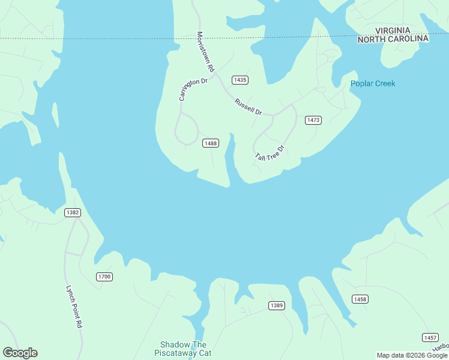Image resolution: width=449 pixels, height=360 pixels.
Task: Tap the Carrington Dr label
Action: [193, 89]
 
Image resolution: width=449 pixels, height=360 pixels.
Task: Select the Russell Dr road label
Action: [249, 107]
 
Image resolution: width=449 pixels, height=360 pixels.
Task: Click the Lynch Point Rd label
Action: [73, 305]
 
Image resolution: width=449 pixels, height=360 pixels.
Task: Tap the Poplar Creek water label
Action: [373, 83]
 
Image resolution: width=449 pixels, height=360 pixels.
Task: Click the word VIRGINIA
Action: [393, 30]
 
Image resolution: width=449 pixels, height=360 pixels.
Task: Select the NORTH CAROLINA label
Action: [393, 39]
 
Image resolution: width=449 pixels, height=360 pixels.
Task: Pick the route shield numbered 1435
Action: [240, 80]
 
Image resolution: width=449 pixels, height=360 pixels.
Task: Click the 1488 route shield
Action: [210, 143]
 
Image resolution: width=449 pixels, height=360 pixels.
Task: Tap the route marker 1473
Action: [313, 120]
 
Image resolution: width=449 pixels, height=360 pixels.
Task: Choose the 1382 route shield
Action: [73, 212]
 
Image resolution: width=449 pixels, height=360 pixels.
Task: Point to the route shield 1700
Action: [104, 277]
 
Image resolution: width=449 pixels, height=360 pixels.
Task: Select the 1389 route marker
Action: [276, 305]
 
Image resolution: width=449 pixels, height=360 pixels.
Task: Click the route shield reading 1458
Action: [360, 299]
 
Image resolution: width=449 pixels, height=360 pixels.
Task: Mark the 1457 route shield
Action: [430, 337]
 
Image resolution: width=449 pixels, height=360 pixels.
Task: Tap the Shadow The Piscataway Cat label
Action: [183, 349]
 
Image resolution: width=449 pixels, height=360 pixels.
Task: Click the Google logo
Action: [20, 353]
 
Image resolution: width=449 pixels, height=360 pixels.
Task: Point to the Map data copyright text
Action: [412, 355]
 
